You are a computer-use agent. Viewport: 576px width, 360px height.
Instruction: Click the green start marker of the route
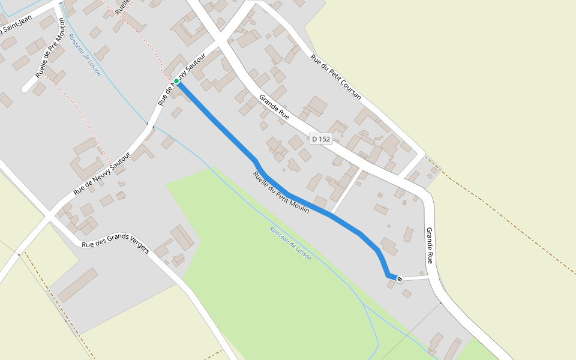176,81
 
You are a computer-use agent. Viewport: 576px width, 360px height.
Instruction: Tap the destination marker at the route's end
400,279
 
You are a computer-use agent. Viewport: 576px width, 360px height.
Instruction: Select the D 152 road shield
321,139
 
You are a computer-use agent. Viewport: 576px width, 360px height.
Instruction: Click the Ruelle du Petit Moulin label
281,193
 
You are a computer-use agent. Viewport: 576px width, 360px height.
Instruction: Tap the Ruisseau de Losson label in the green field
290,242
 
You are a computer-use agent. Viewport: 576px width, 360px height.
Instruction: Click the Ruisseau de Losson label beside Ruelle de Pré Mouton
85,55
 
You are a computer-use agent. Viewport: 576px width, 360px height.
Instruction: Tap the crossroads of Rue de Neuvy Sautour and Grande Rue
220,40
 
